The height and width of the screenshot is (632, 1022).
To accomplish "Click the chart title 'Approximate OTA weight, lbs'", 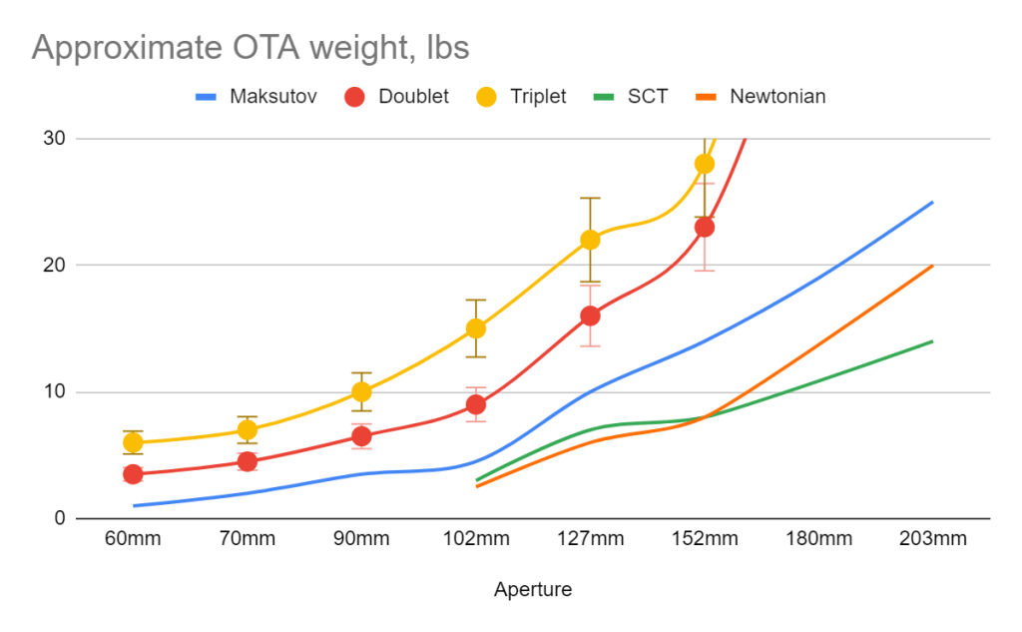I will tap(250, 48).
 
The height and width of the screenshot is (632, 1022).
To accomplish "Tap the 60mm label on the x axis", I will tap(133, 540).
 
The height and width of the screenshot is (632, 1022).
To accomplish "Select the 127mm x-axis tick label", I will tap(590, 540).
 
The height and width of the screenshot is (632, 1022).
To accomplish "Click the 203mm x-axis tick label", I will tap(932, 540).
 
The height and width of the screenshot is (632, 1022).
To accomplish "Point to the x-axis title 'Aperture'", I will tap(533, 589).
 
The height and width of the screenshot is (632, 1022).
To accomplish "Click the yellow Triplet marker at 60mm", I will tap(133, 442).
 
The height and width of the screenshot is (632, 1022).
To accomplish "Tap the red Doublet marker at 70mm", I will tap(247, 461).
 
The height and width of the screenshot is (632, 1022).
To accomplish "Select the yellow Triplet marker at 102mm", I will tap(476, 327).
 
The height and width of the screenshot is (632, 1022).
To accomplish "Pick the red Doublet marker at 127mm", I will tap(590, 316).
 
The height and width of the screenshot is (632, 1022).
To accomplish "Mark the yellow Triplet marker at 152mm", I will tap(705, 164).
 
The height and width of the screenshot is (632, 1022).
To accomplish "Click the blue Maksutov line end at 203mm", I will tap(932, 202).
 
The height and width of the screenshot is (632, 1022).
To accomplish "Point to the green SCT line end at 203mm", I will tap(932, 341).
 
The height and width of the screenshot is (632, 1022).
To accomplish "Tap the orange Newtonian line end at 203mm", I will tap(932, 266).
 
